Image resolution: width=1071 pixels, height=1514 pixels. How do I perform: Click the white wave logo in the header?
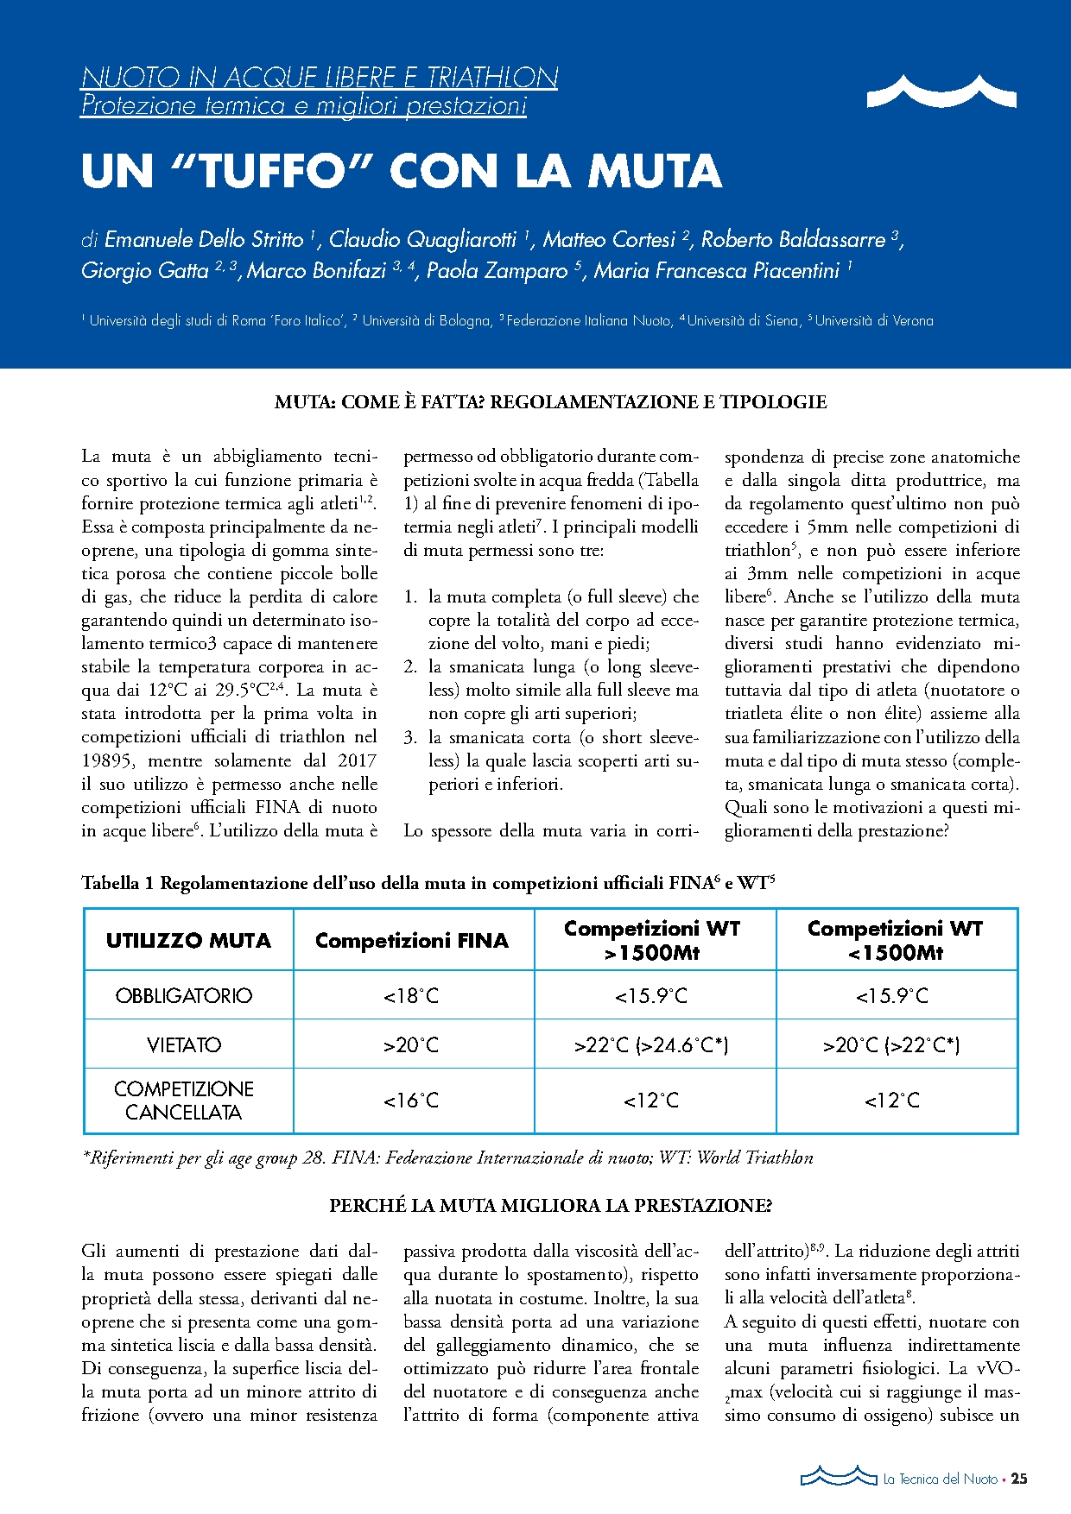point(941,91)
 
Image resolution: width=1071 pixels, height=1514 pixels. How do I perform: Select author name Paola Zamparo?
point(497,271)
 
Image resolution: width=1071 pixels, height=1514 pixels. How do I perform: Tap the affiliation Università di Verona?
point(874,321)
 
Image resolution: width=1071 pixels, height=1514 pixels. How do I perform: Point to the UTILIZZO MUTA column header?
point(188,940)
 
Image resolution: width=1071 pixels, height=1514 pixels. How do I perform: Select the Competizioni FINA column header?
point(412,940)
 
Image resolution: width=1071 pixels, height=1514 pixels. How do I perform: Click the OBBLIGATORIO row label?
point(184,996)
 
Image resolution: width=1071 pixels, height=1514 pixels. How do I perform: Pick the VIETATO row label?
point(184,1045)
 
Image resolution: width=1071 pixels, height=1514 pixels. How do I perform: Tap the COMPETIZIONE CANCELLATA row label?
point(184,1101)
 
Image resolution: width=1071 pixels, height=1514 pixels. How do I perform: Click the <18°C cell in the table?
point(411,996)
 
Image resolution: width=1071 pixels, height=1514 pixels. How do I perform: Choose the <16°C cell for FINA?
point(411,1101)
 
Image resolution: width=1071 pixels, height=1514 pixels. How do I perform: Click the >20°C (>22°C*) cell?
point(891,1045)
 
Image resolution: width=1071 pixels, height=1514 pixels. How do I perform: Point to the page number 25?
point(1019,1479)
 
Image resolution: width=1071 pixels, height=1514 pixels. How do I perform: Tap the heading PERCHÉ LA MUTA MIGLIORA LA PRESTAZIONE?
point(550,1206)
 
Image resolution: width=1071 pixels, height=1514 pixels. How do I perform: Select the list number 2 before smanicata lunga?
point(410,667)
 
